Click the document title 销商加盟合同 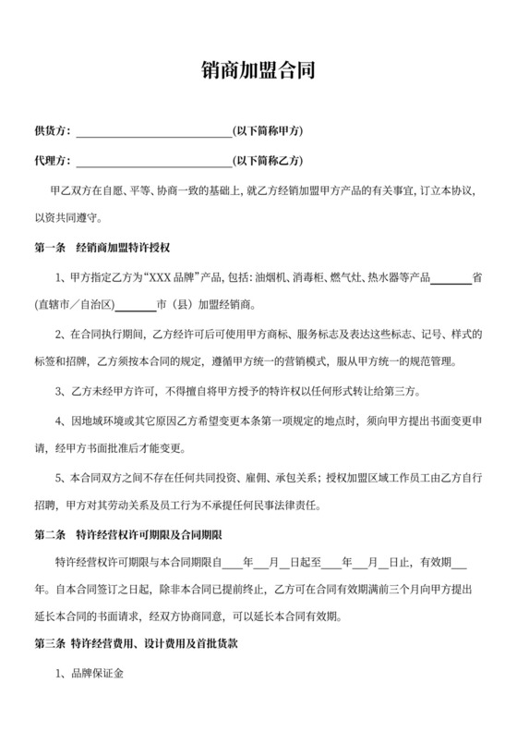pos(258,70)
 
